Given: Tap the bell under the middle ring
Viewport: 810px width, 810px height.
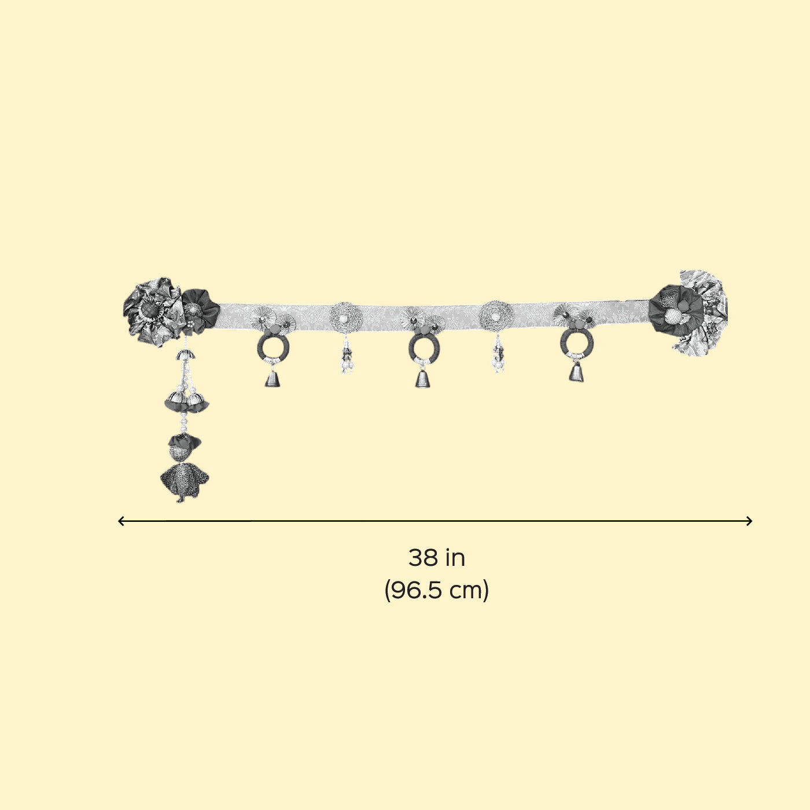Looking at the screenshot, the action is click(x=423, y=378).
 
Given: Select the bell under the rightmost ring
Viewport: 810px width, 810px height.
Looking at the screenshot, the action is click(x=576, y=373).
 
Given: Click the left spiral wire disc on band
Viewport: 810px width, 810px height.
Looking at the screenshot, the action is click(x=346, y=318).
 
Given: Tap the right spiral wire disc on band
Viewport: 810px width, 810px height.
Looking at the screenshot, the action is click(x=496, y=315).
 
